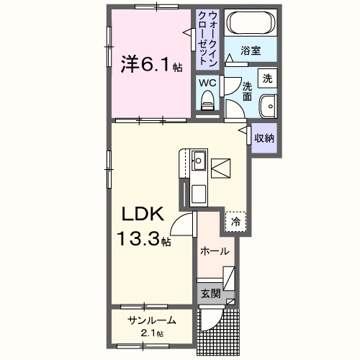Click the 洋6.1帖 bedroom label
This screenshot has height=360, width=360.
tap(149, 65)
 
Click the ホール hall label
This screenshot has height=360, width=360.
tap(215, 251)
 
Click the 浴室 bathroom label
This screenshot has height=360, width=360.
tap(250, 51)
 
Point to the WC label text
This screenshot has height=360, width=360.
tap(208, 83)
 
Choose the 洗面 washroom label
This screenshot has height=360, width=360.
tap(247, 90)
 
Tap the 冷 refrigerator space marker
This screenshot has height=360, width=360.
tap(235, 222)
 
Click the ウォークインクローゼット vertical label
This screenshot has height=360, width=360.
tap(207, 40)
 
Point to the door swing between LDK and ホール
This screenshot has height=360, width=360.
tap(184, 227)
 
